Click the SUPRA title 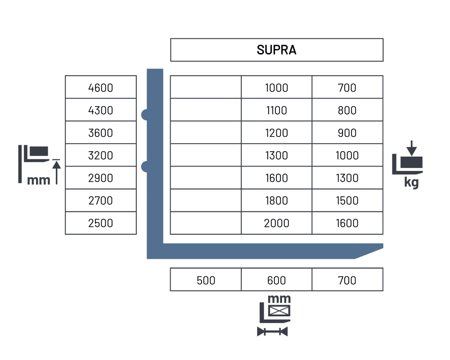pos(276,50)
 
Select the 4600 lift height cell pos(101,88)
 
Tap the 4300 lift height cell pos(101,110)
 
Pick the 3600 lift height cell pos(101,133)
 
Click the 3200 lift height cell pos(101,156)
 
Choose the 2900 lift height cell pos(101,178)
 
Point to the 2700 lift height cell pos(101,201)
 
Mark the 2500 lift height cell pos(101,223)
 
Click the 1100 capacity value pos(276,110)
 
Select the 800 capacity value pos(347,110)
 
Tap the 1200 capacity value pos(276,133)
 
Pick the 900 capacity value pos(347,133)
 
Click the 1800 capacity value pos(276,201)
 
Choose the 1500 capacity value pos(347,201)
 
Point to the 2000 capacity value pos(276,223)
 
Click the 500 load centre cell pos(206,280)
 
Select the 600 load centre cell pos(276,280)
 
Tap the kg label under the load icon pos(411,182)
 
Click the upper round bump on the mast pos(144,115)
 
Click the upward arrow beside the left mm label pos(56,173)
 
